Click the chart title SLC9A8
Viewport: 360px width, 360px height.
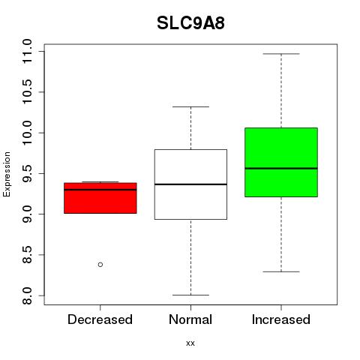190,23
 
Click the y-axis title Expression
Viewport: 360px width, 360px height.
7,174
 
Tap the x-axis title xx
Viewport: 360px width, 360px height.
190,343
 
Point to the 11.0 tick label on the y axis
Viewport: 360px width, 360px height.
27,52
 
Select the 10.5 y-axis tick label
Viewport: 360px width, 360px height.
27,92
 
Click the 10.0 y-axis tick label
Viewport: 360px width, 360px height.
27,133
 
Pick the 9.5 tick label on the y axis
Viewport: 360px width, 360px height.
27,173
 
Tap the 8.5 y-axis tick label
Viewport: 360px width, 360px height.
27,255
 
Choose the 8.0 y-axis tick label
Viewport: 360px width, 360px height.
27,295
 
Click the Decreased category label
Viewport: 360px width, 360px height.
100,319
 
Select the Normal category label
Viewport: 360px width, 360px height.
190,319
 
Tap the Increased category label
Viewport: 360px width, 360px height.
281,319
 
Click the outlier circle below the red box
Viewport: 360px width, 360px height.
100,265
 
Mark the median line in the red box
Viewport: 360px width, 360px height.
100,190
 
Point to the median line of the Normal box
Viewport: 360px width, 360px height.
190,184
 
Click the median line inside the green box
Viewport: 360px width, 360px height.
281,168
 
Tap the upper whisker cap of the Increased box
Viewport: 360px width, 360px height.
281,54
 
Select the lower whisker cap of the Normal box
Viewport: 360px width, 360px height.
190,295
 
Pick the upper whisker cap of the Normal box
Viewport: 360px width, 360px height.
190,106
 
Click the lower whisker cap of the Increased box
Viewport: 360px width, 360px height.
281,271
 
